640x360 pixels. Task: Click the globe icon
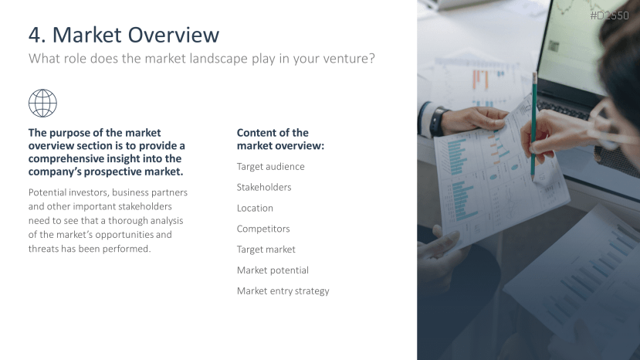43,104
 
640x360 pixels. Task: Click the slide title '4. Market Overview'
124,35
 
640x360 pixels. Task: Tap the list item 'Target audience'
271,167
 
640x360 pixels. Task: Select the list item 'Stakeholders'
264,187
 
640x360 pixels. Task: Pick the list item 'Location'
255,208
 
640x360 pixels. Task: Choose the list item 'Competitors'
263,229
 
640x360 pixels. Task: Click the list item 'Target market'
266,250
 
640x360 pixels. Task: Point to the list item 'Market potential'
273,270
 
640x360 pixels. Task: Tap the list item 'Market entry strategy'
283,291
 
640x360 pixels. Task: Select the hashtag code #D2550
609,15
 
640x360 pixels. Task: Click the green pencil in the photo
534,127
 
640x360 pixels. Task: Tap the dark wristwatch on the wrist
437,121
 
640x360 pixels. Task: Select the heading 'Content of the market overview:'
280,139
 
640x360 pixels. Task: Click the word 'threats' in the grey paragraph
43,249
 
